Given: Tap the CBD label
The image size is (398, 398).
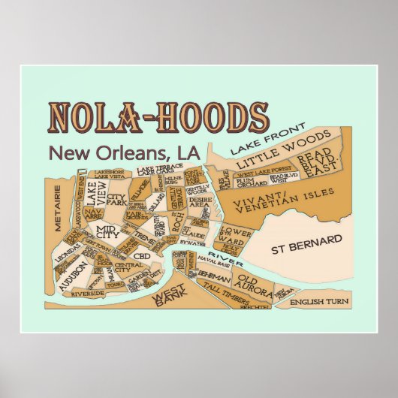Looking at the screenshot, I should point(142,255).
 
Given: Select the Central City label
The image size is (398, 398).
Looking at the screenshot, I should point(128,267).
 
